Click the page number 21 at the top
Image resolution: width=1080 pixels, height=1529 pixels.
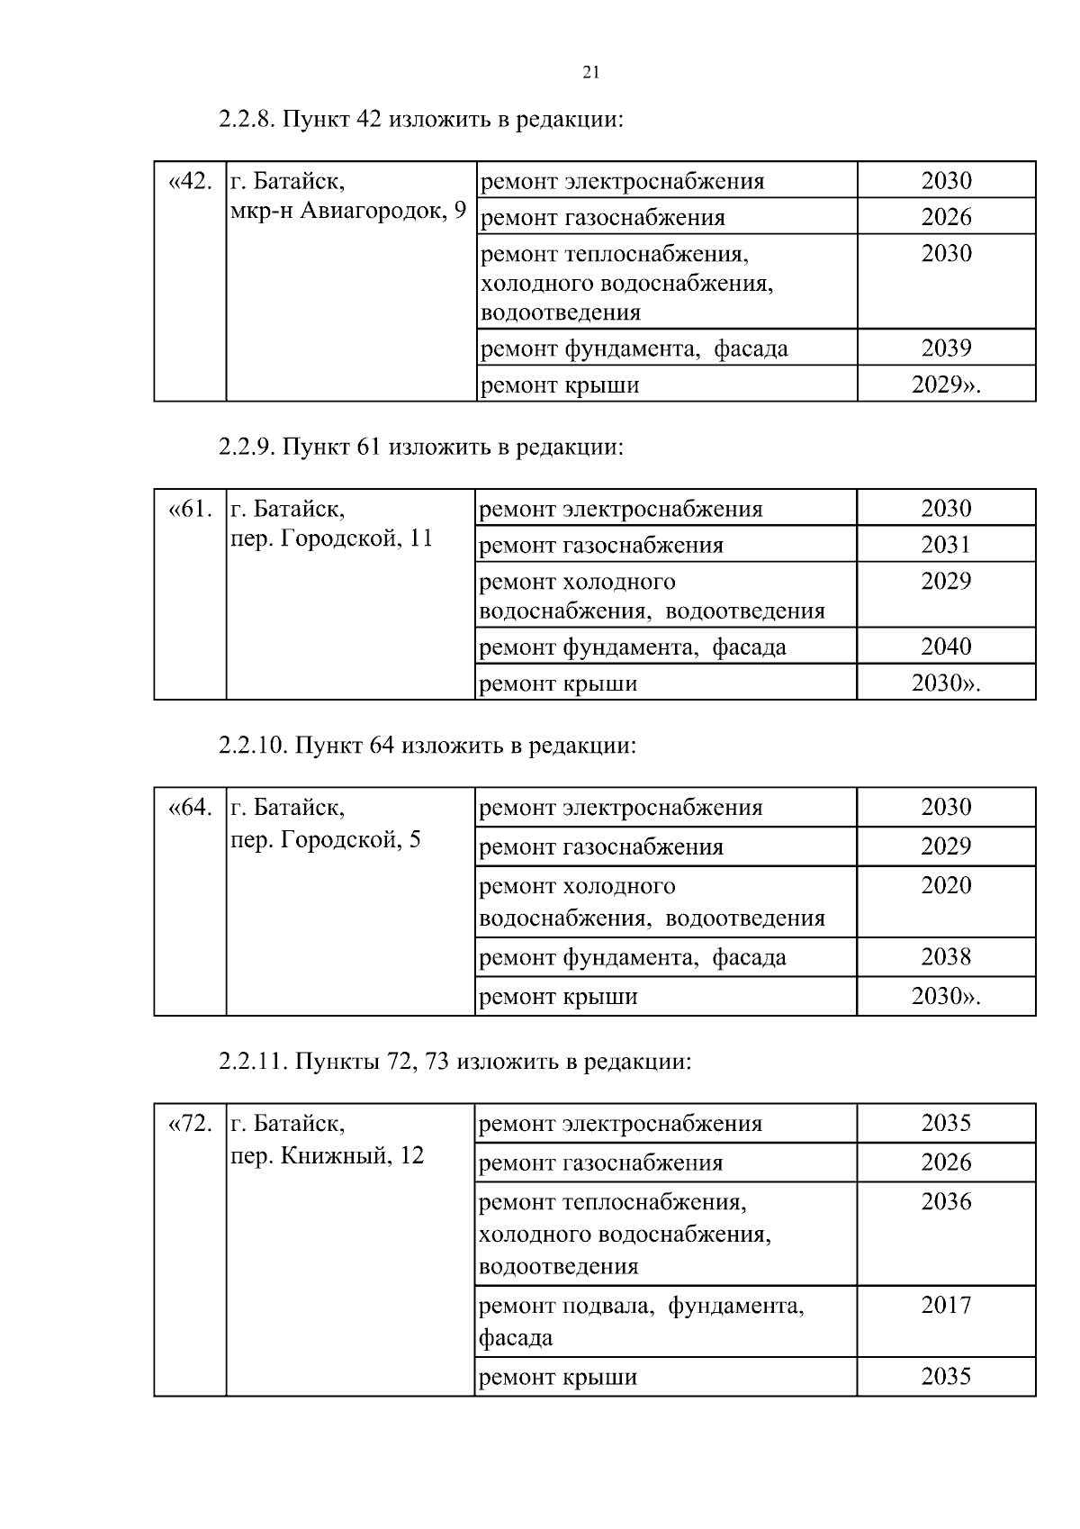point(590,73)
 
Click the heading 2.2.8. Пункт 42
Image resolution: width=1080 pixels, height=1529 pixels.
point(420,119)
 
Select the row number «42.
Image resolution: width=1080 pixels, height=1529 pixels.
point(190,181)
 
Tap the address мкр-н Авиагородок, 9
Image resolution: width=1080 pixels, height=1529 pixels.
point(348,212)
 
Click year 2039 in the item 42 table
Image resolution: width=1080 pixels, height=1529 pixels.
point(946,348)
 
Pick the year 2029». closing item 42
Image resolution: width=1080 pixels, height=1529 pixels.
point(946,385)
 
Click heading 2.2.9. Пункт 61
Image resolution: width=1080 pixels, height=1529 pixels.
point(420,447)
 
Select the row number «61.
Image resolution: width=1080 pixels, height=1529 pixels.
point(190,509)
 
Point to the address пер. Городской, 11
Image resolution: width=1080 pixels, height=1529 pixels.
point(332,538)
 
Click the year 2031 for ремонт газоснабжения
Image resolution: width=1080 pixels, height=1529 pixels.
point(946,545)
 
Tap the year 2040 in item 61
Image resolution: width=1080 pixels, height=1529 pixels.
point(946,647)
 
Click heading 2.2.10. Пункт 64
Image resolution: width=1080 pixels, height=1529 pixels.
point(427,746)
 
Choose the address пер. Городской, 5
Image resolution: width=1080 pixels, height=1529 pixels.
point(326,840)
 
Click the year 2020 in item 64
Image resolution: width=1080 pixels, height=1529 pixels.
point(946,885)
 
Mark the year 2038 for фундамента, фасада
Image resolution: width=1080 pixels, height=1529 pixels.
point(946,956)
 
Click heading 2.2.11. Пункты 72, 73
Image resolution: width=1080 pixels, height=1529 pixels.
point(454,1062)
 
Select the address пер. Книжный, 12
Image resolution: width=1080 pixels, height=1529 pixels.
point(328,1155)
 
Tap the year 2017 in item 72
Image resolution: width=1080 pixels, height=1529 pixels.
point(946,1305)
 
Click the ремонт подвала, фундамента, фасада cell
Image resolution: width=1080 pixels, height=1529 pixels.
point(641,1321)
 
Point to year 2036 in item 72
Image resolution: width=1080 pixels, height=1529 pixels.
point(946,1201)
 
